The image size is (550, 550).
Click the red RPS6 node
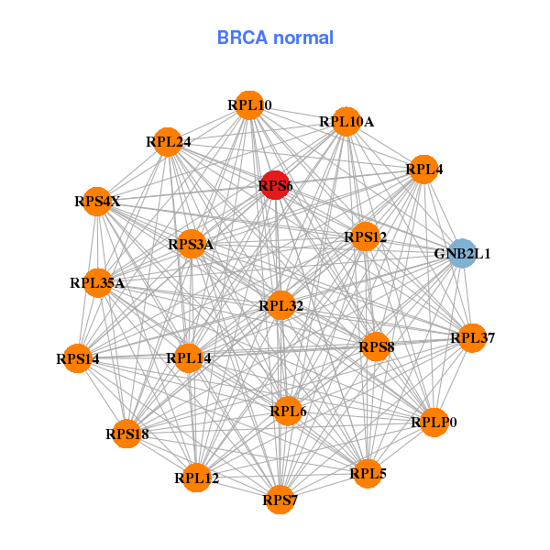click(275, 185)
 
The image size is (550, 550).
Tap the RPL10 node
click(249, 105)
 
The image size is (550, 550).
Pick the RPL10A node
click(346, 121)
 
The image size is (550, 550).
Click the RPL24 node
click(168, 142)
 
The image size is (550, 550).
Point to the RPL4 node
click(423, 170)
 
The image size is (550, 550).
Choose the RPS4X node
click(97, 202)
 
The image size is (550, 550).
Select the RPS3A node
click(191, 245)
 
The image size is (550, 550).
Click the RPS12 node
click(366, 237)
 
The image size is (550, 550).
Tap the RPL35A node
click(97, 283)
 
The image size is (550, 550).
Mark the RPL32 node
click(280, 305)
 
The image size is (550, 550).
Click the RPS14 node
click(77, 358)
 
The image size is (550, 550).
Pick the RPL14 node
click(189, 357)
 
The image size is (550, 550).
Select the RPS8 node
click(376, 346)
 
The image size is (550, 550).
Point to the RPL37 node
click(472, 338)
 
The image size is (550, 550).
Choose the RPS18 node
click(126, 434)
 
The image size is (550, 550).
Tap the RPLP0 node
click(434, 423)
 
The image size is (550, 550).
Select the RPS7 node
click(280, 500)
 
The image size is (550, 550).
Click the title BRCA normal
click(275, 38)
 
